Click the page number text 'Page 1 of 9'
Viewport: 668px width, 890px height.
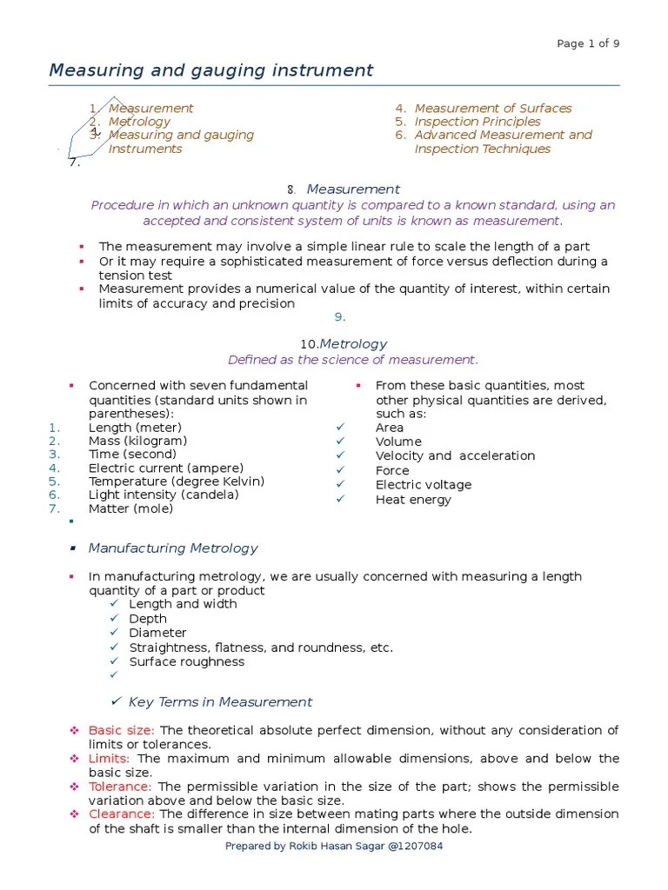(x=587, y=43)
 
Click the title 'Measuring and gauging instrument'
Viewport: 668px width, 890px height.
(x=211, y=70)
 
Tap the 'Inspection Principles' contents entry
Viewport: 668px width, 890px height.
(x=477, y=122)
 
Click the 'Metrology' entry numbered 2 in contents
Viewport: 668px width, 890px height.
(x=139, y=122)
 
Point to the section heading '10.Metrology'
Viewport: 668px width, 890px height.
(x=344, y=344)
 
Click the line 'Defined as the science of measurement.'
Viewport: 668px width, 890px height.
(x=352, y=360)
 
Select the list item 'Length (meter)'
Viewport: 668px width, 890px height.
(x=135, y=428)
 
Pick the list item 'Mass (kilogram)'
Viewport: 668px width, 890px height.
(x=137, y=441)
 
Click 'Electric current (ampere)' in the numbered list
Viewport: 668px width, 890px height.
(x=165, y=468)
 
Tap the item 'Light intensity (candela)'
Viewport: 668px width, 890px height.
(x=164, y=495)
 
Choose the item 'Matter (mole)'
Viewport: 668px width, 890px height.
(x=130, y=508)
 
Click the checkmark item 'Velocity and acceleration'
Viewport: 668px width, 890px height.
(x=455, y=456)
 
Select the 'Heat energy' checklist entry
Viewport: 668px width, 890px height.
(x=413, y=500)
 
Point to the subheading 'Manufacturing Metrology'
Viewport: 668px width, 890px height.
(x=173, y=548)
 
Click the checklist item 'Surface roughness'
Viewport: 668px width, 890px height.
(x=187, y=661)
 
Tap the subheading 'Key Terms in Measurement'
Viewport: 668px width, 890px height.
(x=220, y=702)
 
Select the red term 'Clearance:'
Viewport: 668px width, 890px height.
(x=122, y=814)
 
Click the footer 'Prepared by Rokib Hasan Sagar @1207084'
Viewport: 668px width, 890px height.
(x=334, y=847)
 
